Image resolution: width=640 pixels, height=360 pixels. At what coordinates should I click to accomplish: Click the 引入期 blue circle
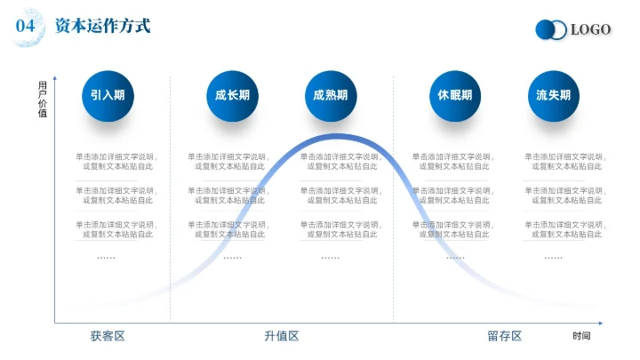(108, 96)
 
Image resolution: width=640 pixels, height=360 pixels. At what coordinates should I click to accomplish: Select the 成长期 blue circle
(232, 96)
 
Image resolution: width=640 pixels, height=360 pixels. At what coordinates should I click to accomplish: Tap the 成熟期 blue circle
(331, 96)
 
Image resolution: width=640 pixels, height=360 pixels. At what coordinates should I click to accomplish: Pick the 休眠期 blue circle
(455, 96)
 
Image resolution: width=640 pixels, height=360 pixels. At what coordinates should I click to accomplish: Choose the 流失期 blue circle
(554, 96)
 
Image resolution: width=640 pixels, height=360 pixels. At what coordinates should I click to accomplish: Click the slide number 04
(26, 27)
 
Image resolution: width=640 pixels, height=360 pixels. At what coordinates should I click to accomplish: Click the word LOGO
(590, 30)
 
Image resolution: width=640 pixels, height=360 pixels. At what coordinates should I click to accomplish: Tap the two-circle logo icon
(550, 30)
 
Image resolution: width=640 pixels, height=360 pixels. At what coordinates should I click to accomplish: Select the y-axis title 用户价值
(43, 99)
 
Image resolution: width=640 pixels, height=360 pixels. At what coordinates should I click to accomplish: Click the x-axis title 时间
(581, 336)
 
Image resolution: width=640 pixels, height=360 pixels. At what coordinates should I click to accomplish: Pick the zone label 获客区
(108, 336)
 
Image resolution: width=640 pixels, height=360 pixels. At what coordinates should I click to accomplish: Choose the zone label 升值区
(281, 336)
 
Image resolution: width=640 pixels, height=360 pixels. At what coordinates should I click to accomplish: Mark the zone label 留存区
(504, 336)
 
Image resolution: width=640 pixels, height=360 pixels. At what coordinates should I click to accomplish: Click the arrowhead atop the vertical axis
(55, 77)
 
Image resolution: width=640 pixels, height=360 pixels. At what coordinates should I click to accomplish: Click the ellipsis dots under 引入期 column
(106, 257)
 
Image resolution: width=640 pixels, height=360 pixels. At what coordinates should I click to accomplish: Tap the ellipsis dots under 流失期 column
(553, 257)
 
